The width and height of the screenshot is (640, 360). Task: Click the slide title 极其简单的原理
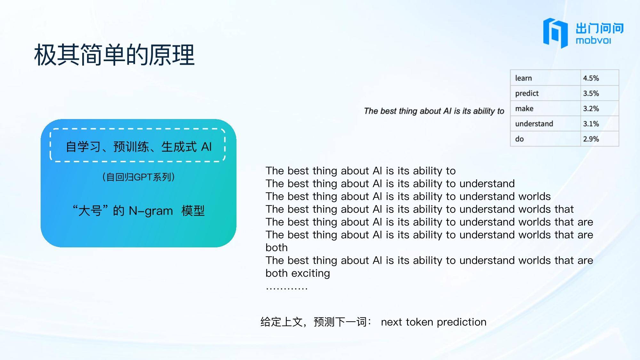114,55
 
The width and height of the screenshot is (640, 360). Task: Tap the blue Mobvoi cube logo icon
556,33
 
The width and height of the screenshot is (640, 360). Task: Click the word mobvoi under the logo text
593,41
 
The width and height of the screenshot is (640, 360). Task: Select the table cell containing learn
545,78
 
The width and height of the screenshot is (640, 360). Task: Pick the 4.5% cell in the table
600,78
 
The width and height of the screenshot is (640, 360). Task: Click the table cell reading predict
545,93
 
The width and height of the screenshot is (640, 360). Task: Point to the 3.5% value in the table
600,93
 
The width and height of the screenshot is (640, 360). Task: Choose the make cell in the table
545,108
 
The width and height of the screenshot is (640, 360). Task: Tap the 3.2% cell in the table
600,108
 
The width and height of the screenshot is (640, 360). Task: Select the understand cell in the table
545,124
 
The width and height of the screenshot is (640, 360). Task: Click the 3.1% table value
600,124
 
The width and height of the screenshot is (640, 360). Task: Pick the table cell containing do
545,139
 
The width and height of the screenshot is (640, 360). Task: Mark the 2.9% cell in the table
600,139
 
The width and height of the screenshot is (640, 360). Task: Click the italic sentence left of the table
434,111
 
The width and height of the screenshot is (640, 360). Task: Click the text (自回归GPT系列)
139,177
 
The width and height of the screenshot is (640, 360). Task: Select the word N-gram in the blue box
151,211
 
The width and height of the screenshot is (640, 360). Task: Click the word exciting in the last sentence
311,273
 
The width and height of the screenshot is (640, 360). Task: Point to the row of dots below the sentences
287,289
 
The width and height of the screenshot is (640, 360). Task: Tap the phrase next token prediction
434,322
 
